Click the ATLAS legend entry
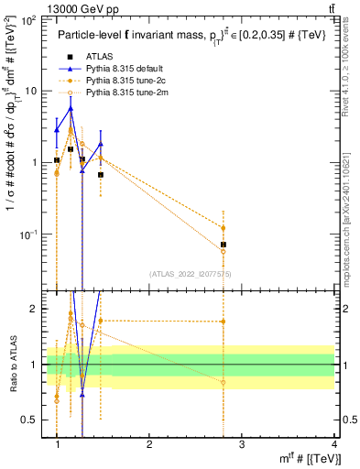(106, 57)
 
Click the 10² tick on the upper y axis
(32, 19)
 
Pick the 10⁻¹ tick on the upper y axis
(32, 234)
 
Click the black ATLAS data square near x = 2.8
(224, 245)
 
